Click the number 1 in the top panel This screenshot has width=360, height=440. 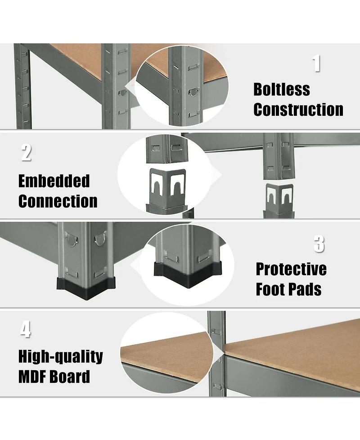[x=316, y=63]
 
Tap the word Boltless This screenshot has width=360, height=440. [x=282, y=90]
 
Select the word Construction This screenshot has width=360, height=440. [x=298, y=109]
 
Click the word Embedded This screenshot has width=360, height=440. [x=54, y=181]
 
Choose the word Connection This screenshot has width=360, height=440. [x=58, y=201]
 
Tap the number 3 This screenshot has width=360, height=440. [x=319, y=244]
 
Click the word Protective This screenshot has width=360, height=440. [x=291, y=269]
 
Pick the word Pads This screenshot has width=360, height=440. [x=306, y=289]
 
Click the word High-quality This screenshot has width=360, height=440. [x=61, y=357]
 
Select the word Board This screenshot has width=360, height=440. [x=70, y=376]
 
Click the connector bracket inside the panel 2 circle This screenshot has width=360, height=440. [x=167, y=187]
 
